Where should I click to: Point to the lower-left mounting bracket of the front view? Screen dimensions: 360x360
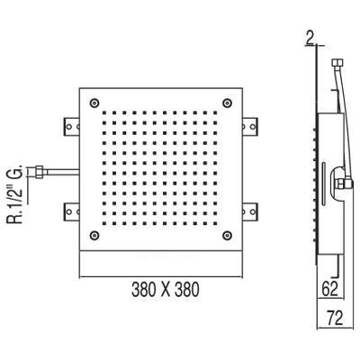[x=71, y=211]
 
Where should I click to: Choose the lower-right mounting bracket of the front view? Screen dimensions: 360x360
[x=252, y=211]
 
